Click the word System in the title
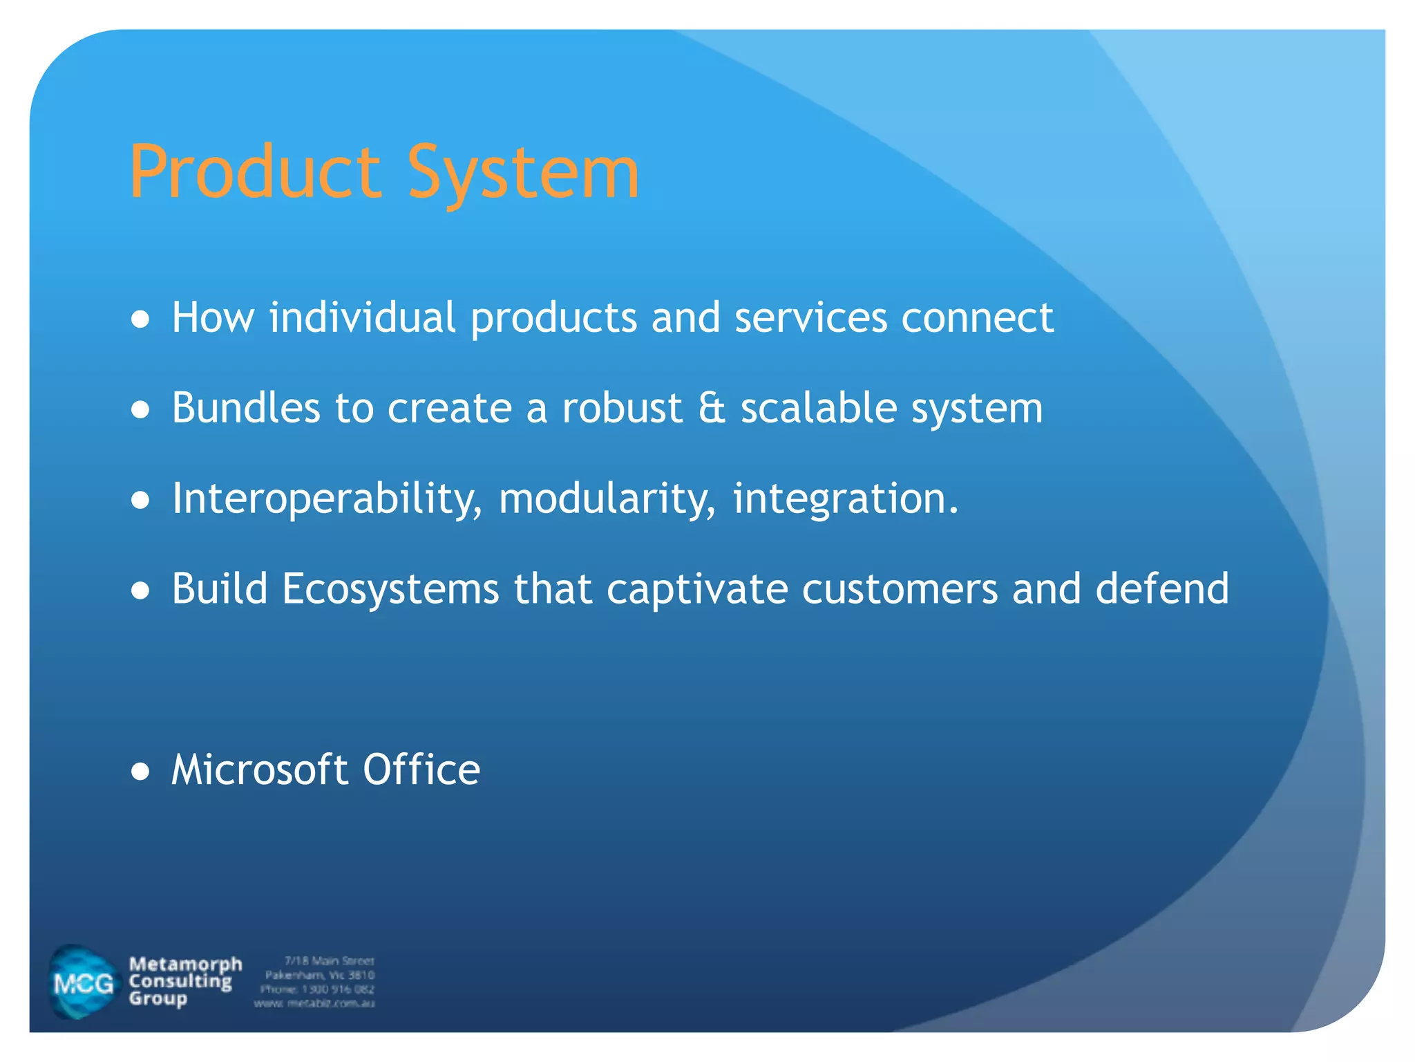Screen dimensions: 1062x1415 point(522,173)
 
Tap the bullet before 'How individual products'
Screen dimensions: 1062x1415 point(140,319)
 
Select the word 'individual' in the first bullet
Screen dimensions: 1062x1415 point(362,318)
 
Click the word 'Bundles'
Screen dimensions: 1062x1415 point(246,408)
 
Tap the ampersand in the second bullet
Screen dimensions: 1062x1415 point(712,408)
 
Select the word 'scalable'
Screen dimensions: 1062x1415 point(819,408)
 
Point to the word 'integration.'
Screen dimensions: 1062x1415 point(846,499)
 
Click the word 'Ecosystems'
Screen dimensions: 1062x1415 point(390,589)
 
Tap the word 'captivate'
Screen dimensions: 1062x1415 point(697,589)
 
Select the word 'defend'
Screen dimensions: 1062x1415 point(1162,589)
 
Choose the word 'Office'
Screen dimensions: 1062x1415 point(421,770)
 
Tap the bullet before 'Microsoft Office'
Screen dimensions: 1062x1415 point(140,772)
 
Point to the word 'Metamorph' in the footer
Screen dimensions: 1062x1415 point(185,964)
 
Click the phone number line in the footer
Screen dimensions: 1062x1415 point(317,989)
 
